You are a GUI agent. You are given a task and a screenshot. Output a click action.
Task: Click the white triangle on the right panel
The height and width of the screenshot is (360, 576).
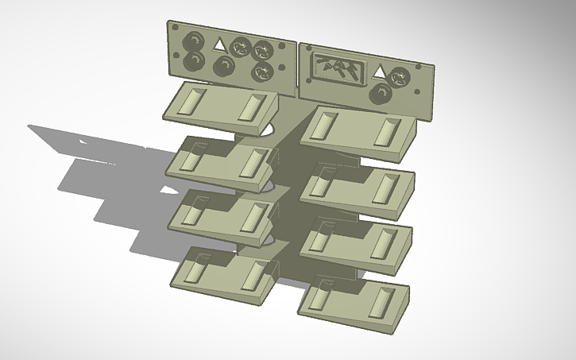coord(380,73)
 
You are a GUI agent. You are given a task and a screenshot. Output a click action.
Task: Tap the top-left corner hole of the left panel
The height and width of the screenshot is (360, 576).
coord(174,29)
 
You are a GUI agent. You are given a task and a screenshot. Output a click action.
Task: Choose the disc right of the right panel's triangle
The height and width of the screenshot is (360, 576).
coord(400,77)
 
